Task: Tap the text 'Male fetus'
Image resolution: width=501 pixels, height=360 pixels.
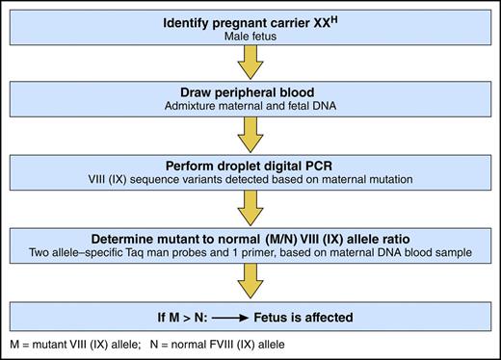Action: click(x=250, y=37)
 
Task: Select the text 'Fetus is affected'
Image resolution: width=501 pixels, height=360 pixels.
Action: click(x=299, y=312)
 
